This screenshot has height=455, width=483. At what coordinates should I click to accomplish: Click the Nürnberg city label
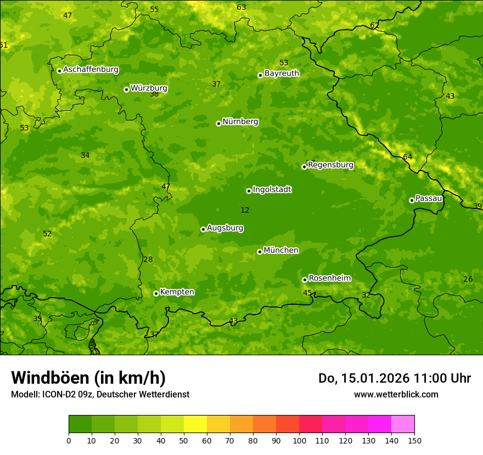240,122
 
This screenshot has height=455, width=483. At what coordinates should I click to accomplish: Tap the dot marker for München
260,252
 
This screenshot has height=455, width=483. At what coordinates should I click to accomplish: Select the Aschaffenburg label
91,70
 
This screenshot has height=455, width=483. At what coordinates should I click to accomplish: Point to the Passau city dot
412,200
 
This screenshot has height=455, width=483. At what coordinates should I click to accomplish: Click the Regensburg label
330,165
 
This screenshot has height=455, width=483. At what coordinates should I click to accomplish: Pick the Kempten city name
177,292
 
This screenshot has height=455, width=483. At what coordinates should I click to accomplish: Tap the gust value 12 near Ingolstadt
245,210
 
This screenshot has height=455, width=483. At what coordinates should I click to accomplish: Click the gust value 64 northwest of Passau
407,157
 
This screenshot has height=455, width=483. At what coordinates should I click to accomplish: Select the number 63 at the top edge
241,7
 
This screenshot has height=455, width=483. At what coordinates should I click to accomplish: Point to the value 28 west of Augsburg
148,260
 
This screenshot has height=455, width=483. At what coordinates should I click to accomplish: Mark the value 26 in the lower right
468,280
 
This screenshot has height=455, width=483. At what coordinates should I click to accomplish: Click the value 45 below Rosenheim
307,293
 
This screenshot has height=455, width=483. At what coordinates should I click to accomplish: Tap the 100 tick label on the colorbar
299,440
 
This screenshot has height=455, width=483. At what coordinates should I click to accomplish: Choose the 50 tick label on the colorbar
184,440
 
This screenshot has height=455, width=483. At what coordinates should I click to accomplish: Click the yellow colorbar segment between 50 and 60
195,424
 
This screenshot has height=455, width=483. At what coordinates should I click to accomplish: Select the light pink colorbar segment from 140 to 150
403,424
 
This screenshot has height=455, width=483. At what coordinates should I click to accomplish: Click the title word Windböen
50,378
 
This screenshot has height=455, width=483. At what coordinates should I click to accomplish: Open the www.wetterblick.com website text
396,394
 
